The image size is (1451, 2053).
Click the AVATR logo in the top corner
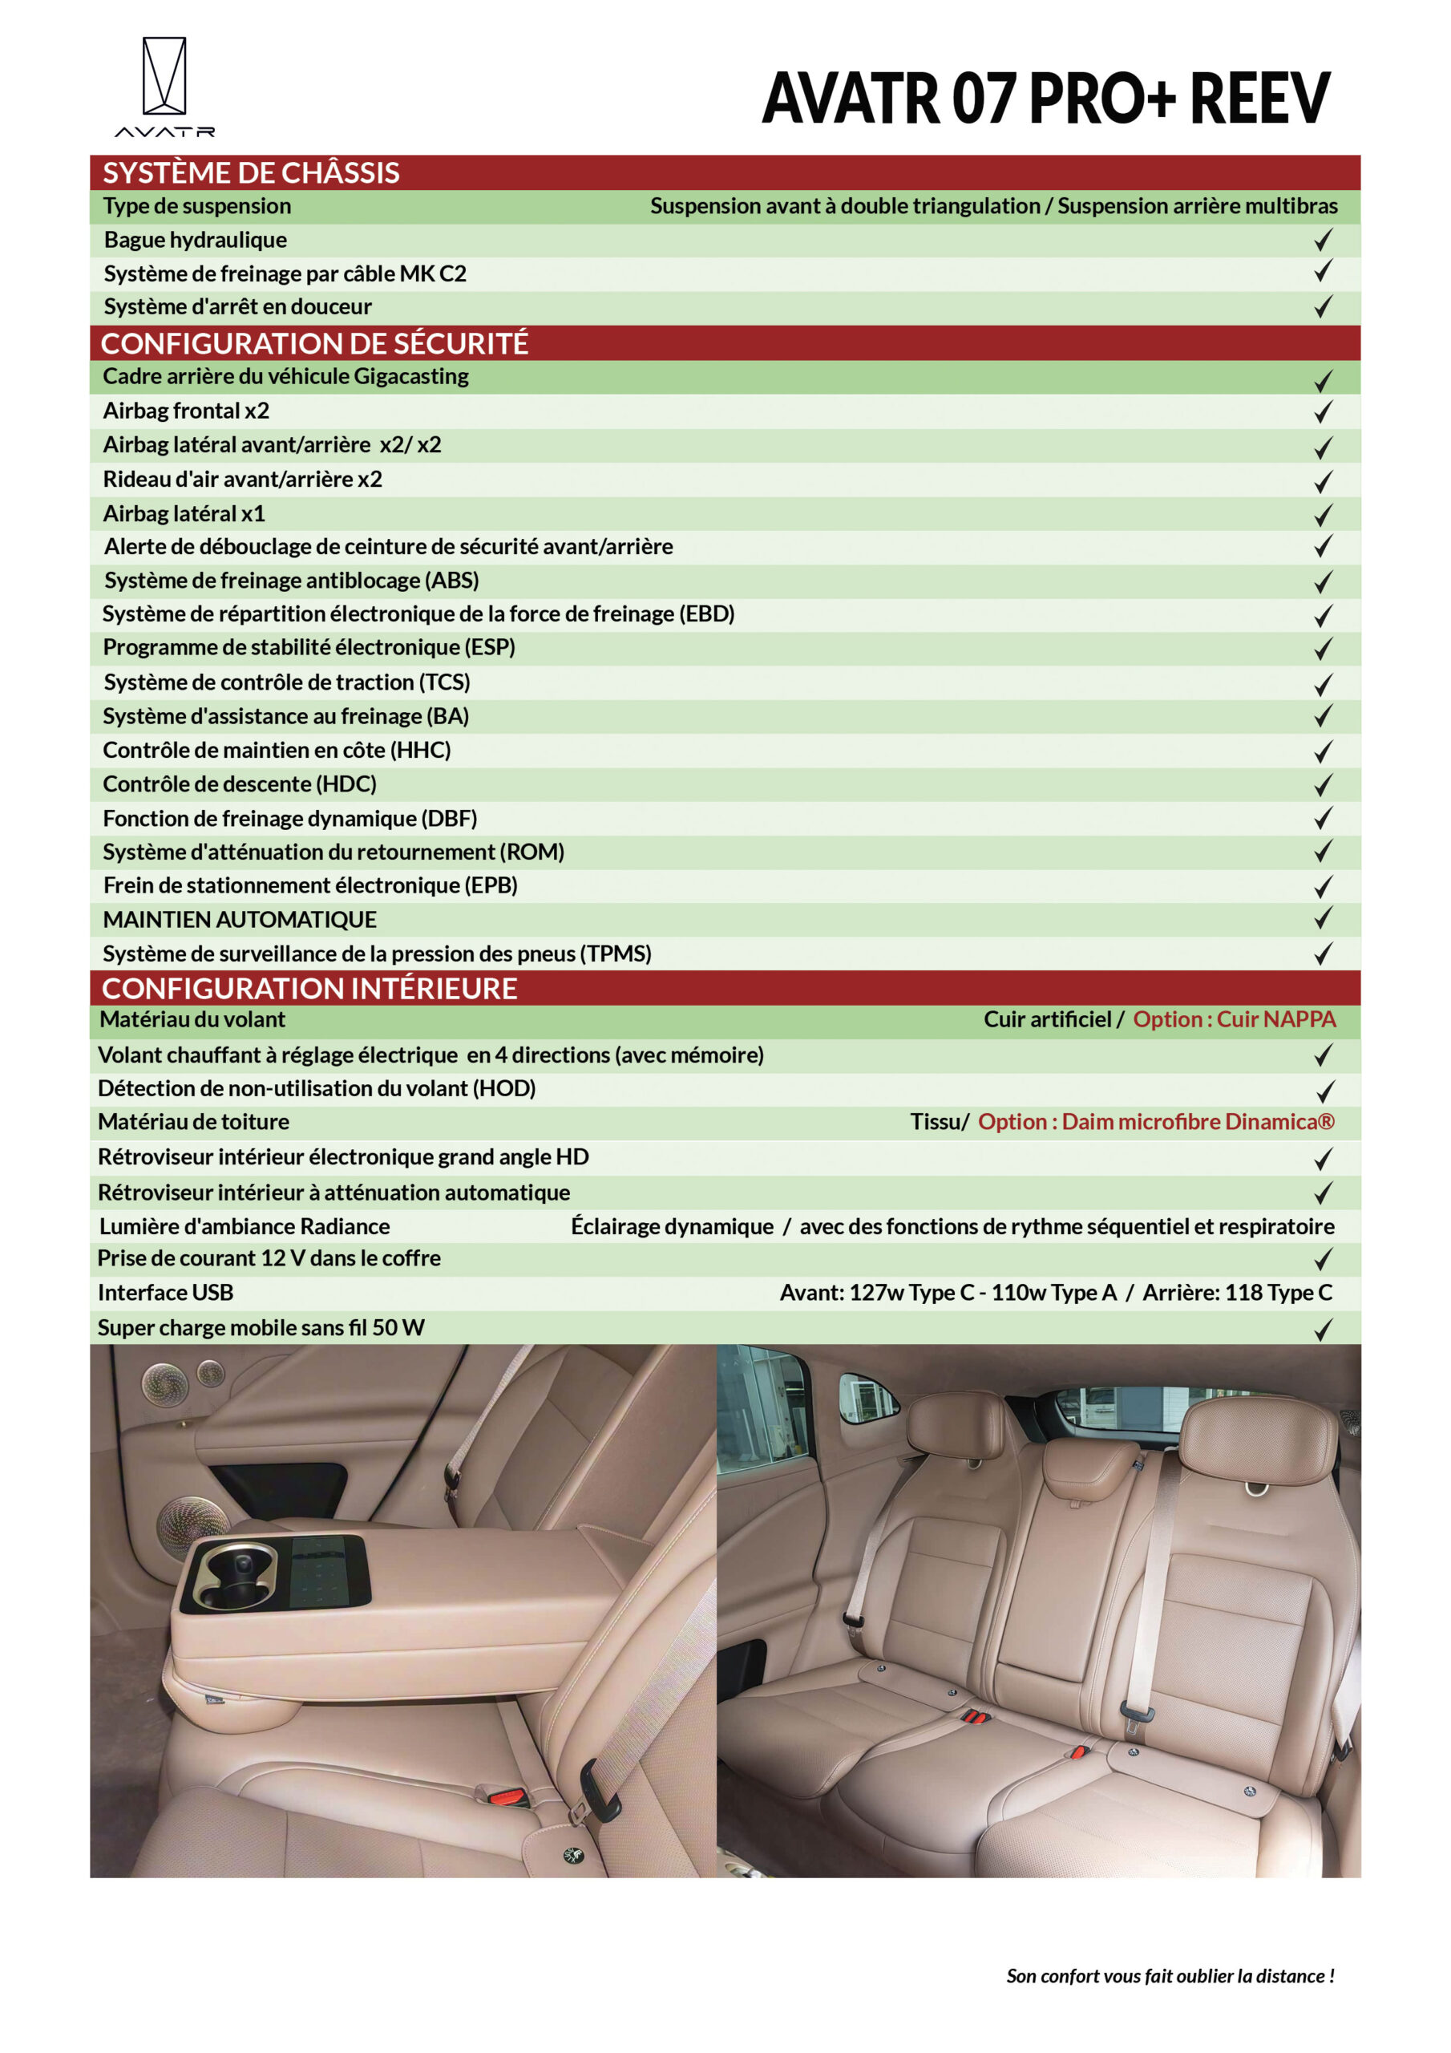point(164,86)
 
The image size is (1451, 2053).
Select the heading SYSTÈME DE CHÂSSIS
point(250,172)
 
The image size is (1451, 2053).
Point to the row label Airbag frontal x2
point(186,411)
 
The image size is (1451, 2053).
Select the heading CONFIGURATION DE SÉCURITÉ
point(315,343)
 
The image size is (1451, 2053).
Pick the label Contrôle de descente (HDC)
point(240,784)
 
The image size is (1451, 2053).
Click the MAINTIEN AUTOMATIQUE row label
point(240,919)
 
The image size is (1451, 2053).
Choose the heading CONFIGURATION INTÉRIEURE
point(309,988)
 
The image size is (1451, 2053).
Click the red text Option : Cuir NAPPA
point(1234,1019)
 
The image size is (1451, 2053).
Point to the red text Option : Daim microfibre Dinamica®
point(1156,1121)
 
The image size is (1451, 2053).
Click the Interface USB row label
point(165,1292)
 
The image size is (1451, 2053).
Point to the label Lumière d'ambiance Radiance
point(244,1226)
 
